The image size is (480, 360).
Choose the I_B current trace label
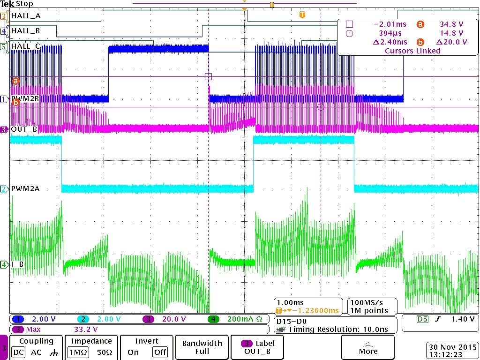pyautogui.click(x=18, y=264)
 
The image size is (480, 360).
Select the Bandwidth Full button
pyautogui.click(x=202, y=347)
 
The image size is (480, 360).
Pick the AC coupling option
pyautogui.click(x=36, y=352)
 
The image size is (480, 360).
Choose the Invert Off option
pyautogui.click(x=160, y=352)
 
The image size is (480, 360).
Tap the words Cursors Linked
pyautogui.click(x=412, y=51)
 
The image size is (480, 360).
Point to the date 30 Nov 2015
pyautogui.click(x=452, y=347)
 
